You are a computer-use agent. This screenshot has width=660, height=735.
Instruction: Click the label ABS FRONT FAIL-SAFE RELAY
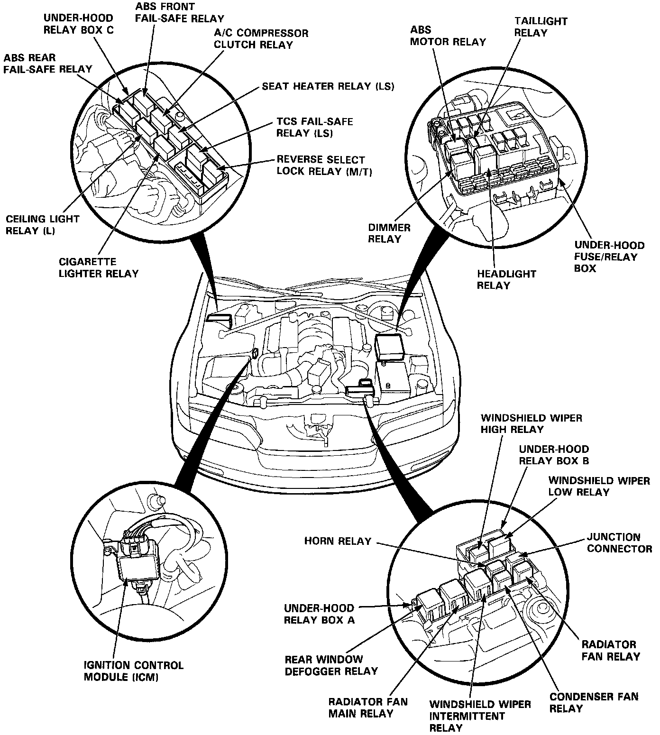179,13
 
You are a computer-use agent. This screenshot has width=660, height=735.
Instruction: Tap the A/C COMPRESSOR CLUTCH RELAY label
261,39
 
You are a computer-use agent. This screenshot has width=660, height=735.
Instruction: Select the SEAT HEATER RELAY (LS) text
328,86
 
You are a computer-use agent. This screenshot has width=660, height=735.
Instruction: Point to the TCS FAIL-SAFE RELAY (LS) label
314,128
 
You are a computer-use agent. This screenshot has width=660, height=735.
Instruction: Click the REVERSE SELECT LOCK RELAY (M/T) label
324,165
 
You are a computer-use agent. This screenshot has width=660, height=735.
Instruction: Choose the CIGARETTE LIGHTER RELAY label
99,267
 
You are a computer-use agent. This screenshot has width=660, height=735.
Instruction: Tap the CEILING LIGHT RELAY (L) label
42,225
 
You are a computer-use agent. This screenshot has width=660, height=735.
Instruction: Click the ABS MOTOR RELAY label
448,36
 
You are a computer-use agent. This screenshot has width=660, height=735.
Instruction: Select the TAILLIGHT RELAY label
541,27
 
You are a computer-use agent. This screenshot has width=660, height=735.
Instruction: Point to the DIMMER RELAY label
389,233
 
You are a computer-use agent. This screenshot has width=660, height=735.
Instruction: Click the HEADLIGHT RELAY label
500,279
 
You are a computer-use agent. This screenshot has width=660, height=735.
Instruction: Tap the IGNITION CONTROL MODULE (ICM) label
133,671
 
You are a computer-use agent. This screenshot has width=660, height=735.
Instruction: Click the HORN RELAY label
338,541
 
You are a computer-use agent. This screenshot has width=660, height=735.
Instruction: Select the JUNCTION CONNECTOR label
619,543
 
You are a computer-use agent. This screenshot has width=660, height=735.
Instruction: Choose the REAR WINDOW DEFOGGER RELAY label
331,665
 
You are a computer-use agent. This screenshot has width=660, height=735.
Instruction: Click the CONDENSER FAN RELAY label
594,702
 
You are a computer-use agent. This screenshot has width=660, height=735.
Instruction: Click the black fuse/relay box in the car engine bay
389,347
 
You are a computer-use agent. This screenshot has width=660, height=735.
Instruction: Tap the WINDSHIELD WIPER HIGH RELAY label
531,423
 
